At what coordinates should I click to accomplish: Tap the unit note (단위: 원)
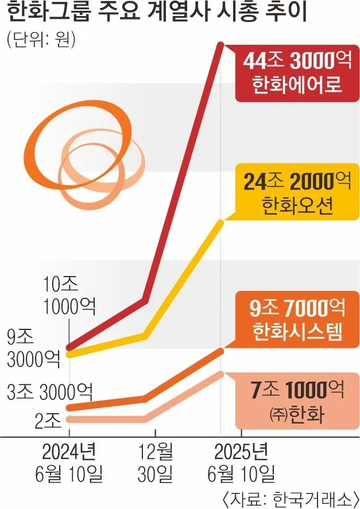point(41,41)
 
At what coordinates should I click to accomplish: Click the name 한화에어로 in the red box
point(297,86)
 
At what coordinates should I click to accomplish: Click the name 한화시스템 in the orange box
point(297,333)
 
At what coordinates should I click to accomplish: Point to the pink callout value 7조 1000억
point(297,391)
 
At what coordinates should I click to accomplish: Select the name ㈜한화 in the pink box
point(297,414)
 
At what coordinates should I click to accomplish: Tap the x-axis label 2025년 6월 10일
point(241,463)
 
